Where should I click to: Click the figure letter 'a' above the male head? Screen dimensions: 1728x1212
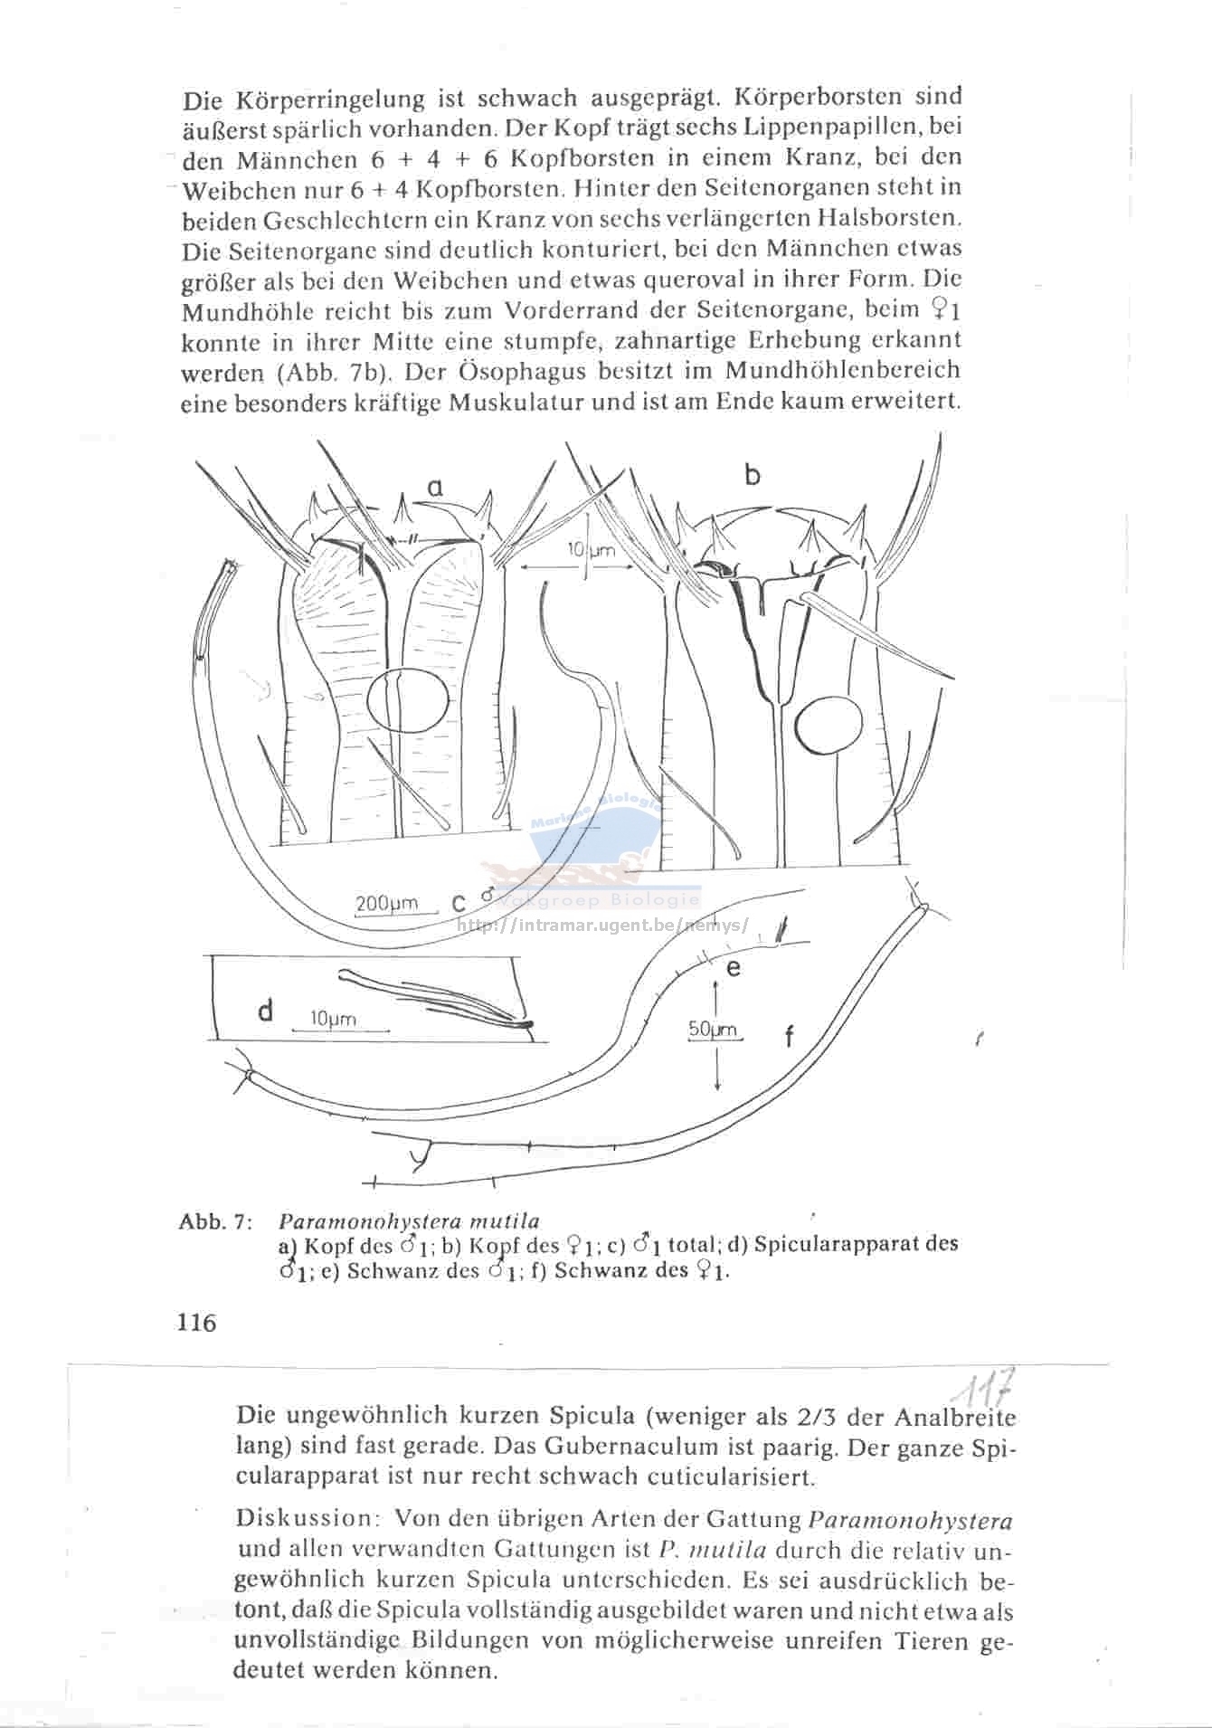point(435,488)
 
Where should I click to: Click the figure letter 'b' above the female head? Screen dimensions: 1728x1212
point(753,473)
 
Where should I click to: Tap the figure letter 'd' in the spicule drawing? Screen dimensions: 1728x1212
point(265,1011)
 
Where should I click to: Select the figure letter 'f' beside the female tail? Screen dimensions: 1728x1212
point(789,1036)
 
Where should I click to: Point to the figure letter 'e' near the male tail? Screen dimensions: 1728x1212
point(734,968)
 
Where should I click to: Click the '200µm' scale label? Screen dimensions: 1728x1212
point(387,903)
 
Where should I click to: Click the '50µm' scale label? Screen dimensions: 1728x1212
point(714,1030)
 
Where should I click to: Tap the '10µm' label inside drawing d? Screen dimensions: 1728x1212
point(333,1019)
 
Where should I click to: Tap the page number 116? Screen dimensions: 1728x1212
point(197,1323)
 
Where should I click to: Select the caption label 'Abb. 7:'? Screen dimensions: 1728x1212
point(215,1222)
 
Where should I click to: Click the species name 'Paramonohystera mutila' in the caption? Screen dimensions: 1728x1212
point(408,1221)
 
